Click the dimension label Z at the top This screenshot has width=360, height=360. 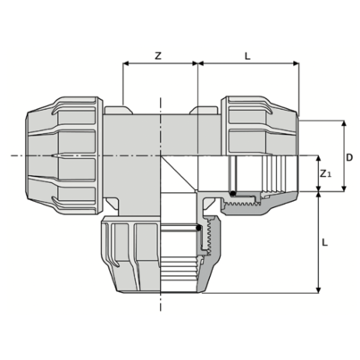click(158, 55)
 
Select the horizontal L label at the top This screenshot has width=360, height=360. click(247, 56)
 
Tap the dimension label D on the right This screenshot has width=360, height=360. click(349, 157)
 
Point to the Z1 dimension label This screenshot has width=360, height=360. click(325, 173)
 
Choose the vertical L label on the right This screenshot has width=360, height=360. click(325, 242)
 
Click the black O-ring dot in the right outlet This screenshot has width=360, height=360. click(233, 194)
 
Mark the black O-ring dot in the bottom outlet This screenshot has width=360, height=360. click(198, 229)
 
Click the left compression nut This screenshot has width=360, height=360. click(64, 155)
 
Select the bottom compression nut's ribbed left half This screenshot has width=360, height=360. click(130, 254)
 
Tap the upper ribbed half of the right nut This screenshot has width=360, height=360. click(260, 126)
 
